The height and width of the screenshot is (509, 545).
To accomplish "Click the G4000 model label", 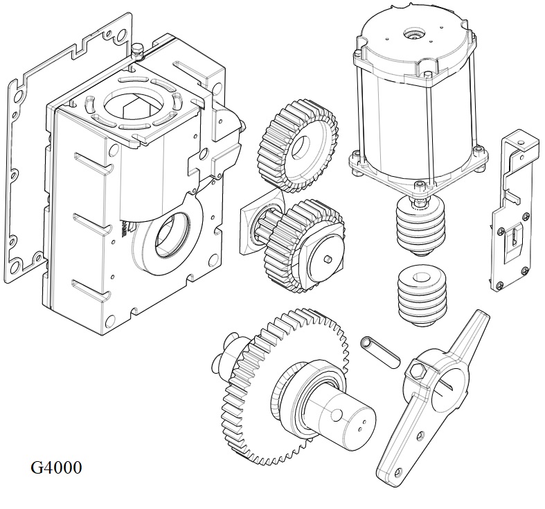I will [56, 467].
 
